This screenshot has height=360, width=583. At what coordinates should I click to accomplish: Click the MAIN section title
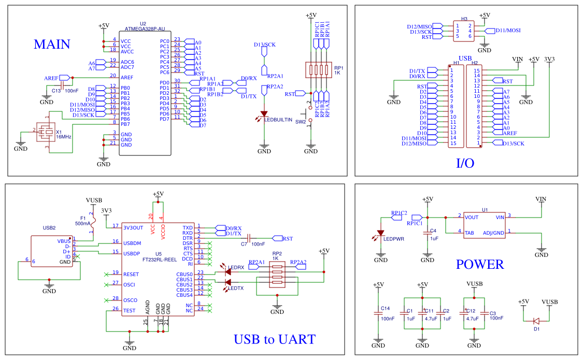(52, 44)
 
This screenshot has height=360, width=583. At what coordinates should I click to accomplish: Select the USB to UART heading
(274, 339)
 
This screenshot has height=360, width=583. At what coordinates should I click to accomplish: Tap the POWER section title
(480, 265)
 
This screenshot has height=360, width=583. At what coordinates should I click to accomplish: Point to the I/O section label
(465, 163)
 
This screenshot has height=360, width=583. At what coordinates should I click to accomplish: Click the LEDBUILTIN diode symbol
(264, 113)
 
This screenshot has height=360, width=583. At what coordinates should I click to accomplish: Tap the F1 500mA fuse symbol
(93, 221)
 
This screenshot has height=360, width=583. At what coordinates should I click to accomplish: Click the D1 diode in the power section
(536, 321)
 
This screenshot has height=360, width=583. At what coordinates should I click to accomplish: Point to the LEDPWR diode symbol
(380, 233)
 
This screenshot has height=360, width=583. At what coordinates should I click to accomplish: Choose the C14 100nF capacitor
(378, 313)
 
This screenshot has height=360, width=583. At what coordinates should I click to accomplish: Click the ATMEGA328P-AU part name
(145, 28)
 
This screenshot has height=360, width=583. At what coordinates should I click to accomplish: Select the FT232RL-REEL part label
(160, 260)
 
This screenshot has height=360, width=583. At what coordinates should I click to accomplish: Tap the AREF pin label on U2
(127, 78)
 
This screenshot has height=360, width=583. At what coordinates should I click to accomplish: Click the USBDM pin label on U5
(132, 243)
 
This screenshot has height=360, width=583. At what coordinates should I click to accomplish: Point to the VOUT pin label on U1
(472, 218)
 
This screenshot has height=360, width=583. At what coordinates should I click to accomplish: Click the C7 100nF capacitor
(249, 238)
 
